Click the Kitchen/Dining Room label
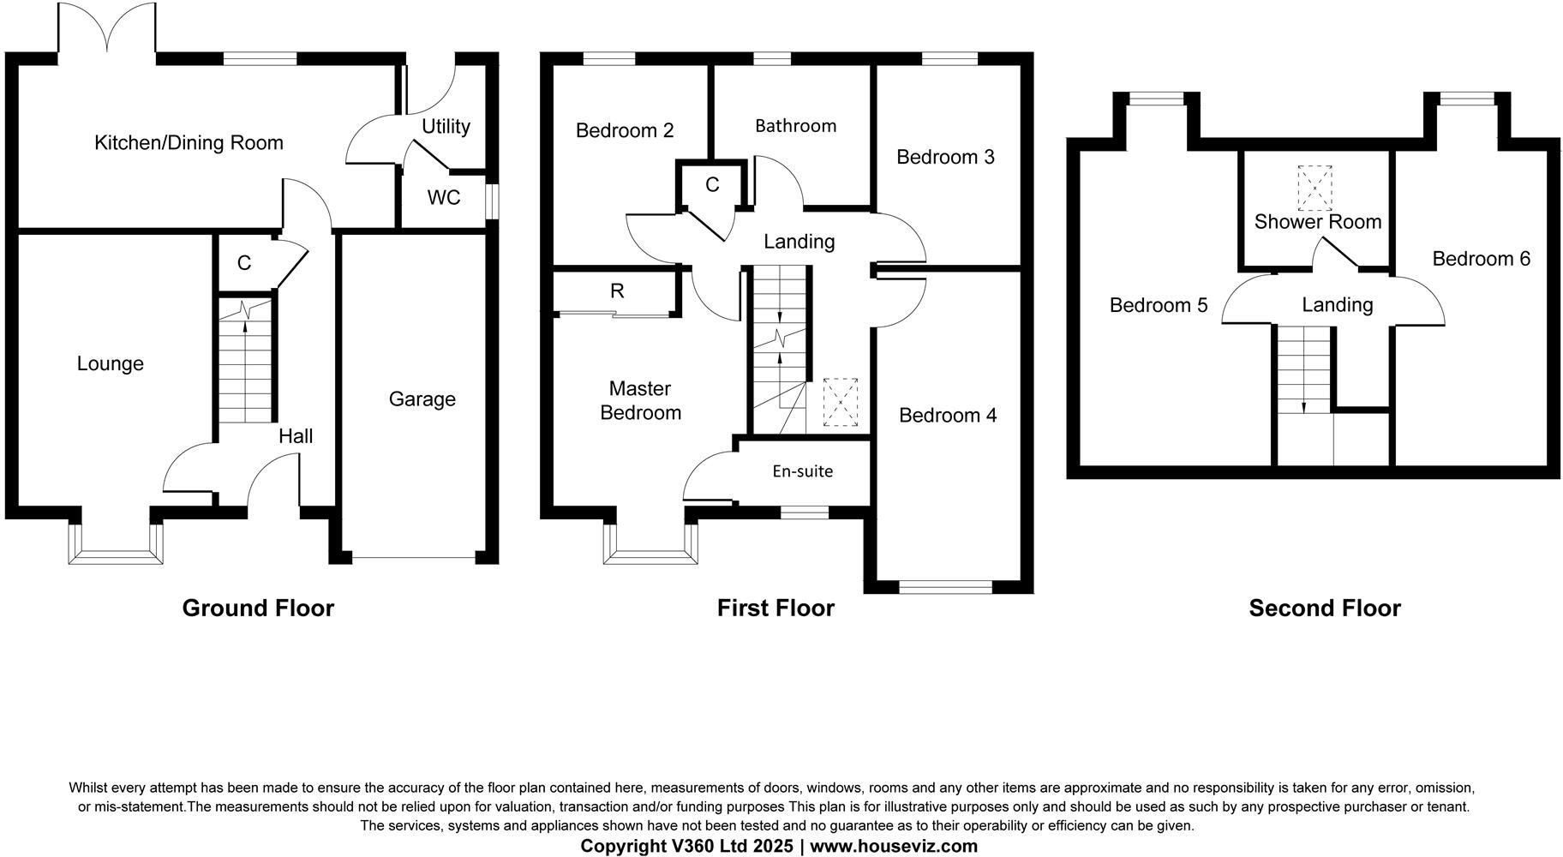[189, 142]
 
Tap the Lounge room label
[110, 363]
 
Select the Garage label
[422, 399]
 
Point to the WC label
[443, 198]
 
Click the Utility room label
[446, 127]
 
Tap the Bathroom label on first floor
[795, 126]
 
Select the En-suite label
[802, 471]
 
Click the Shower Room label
[1317, 222]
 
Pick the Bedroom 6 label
[1481, 259]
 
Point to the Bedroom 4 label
[948, 416]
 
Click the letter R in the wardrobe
[617, 291]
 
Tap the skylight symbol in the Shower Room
[1315, 188]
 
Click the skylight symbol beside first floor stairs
[840, 402]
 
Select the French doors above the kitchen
[107, 30]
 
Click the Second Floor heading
[1324, 608]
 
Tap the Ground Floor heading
[258, 608]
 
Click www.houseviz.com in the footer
[894, 847]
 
